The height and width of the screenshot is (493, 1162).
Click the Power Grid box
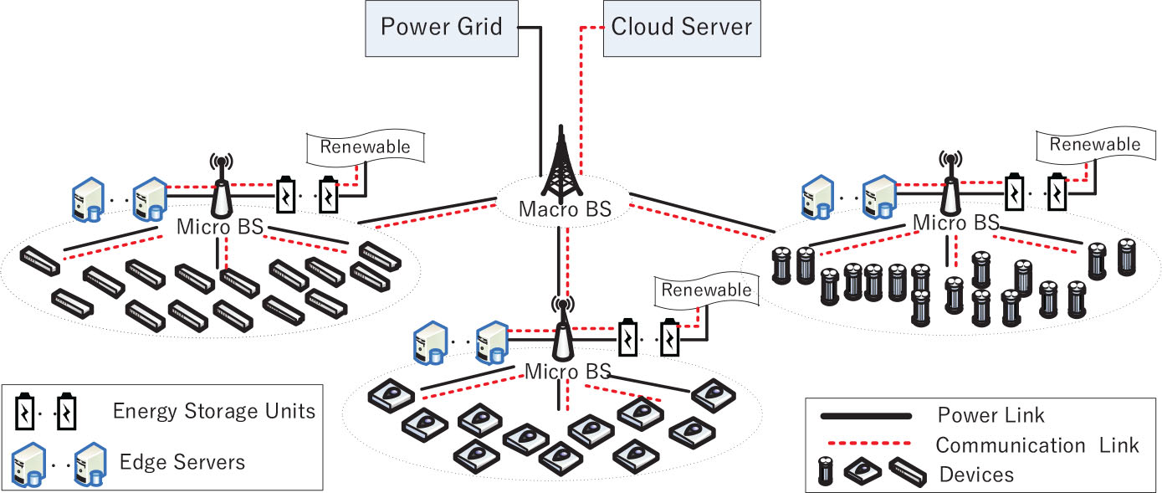pyautogui.click(x=441, y=27)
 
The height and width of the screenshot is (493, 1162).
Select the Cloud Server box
pyautogui.click(x=681, y=27)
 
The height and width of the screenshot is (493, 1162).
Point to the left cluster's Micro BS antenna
pyautogui.click(x=221, y=187)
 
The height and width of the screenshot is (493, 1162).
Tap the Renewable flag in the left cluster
pyautogui.click(x=365, y=147)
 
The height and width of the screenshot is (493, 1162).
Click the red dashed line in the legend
pyautogui.click(x=866, y=444)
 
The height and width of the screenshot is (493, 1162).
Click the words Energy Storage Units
pyautogui.click(x=213, y=411)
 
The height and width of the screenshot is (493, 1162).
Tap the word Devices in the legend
pyautogui.click(x=976, y=475)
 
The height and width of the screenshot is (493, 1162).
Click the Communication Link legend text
pyautogui.click(x=1037, y=444)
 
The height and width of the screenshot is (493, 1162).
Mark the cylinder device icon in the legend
pyautogui.click(x=826, y=472)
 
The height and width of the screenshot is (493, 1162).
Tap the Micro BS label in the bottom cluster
pyautogui.click(x=568, y=370)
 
